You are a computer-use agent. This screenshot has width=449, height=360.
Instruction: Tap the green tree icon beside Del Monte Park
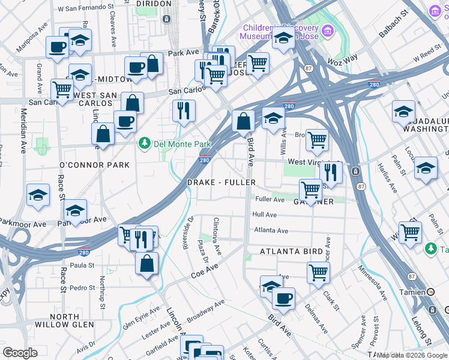pos(144,143)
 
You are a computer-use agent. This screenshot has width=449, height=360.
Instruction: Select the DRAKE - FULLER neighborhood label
pos(221,182)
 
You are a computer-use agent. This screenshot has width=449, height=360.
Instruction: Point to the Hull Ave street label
pos(264,214)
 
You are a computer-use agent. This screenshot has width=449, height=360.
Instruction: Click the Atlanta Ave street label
pos(271,230)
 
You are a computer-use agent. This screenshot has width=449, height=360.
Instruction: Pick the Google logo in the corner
pos(20,352)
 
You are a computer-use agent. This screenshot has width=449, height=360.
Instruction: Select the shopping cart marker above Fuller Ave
pos(310,190)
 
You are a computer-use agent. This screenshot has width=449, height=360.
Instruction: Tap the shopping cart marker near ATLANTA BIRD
pos(318,272)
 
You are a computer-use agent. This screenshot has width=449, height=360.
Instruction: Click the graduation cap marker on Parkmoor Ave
pos(76,211)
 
